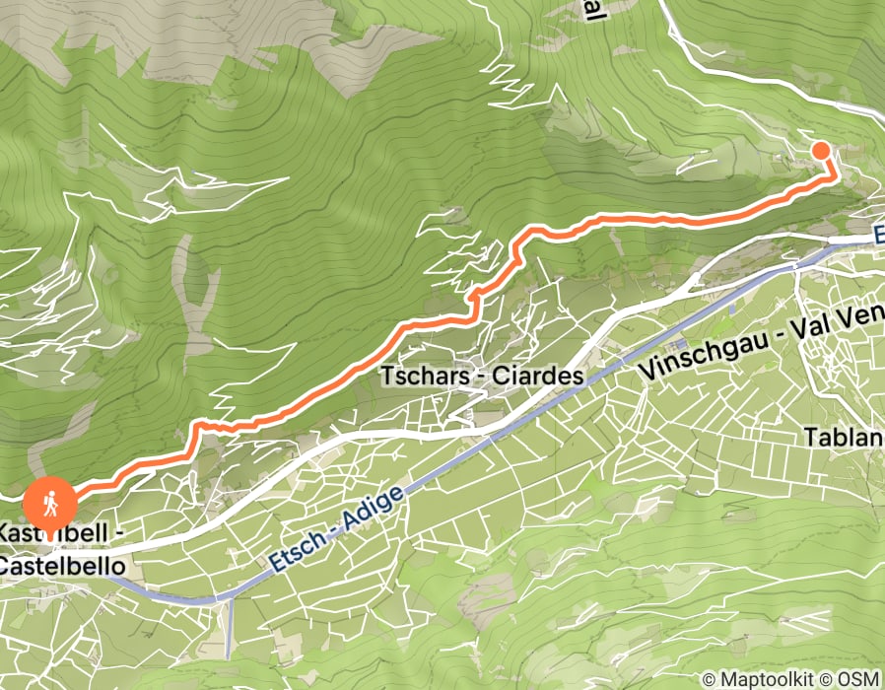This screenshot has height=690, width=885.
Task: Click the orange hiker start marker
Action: [x=49, y=503]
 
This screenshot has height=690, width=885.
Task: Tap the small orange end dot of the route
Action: [x=820, y=150]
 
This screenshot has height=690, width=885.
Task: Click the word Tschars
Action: [x=421, y=378]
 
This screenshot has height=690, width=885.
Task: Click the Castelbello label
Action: [x=61, y=567]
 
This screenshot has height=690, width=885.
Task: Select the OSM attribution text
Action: [x=858, y=679]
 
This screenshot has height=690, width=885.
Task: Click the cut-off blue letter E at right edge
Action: [x=878, y=235]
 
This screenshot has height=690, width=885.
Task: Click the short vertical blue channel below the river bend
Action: [x=230, y=629]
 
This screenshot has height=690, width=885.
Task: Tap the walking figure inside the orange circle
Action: [x=49, y=503]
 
